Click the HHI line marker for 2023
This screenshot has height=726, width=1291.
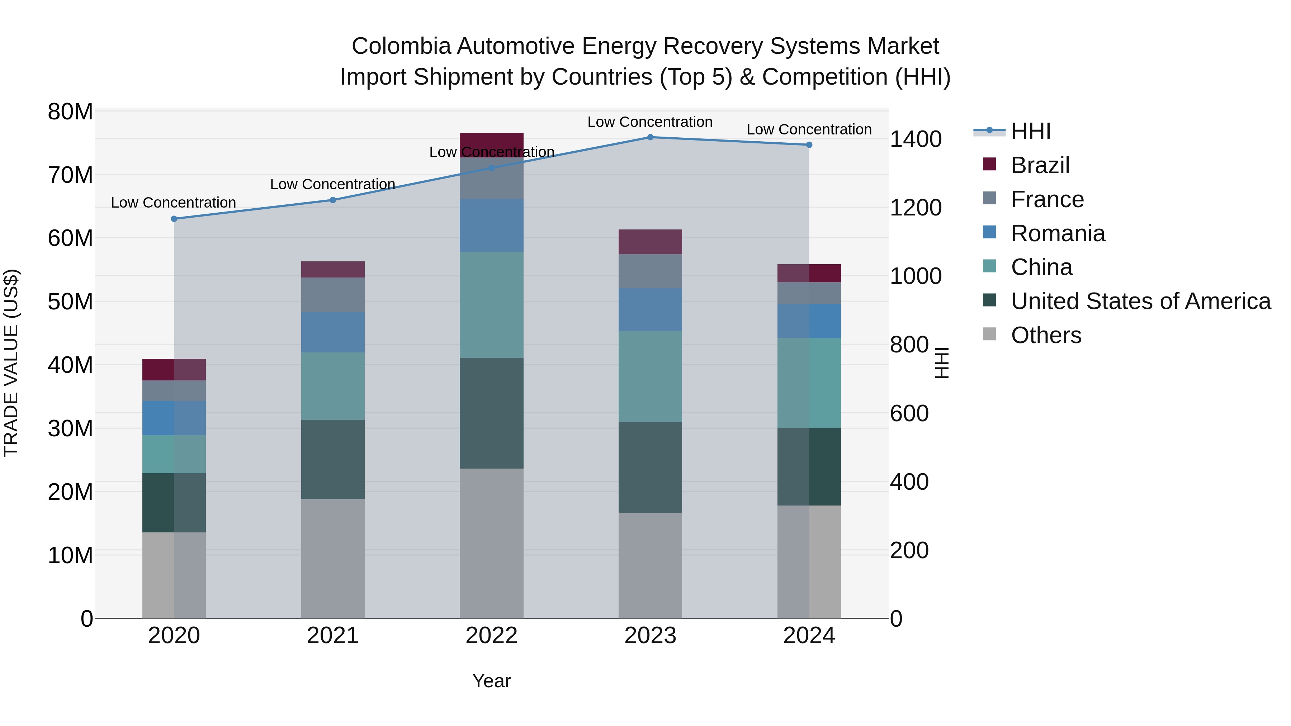[650, 137]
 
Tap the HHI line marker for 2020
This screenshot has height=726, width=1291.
[174, 219]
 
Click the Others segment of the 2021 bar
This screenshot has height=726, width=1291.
[333, 559]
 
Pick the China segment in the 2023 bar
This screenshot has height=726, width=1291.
[650, 377]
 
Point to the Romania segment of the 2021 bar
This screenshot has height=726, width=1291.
[333, 332]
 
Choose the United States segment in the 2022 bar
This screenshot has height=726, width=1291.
[491, 413]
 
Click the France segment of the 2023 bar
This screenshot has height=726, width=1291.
[650, 271]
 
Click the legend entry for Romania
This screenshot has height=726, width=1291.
[1058, 233]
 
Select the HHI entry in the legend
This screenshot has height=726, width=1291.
[1030, 131]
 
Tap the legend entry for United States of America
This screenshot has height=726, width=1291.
[1140, 301]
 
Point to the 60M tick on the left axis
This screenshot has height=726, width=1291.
[70, 238]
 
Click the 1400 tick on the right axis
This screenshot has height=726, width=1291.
[915, 139]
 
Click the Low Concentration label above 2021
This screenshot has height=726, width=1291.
[333, 184]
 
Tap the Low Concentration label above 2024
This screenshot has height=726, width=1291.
[809, 129]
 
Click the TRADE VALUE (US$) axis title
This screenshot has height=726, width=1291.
[11, 363]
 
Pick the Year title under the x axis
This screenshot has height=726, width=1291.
[491, 681]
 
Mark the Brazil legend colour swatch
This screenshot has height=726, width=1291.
[989, 164]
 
